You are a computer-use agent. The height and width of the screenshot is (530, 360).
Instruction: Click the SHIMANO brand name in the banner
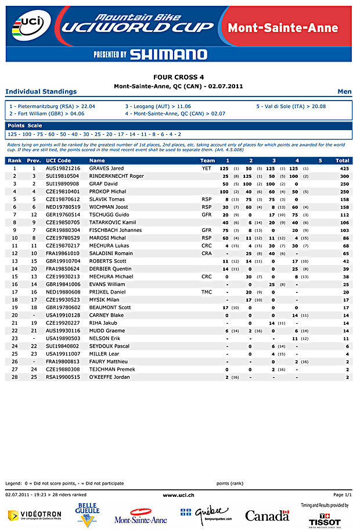pos(168,55)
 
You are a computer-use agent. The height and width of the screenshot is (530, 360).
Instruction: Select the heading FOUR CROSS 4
pos(178,77)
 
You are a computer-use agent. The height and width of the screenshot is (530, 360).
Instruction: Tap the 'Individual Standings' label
pos(41,92)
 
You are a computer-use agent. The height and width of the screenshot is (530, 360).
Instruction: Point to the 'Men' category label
pos(344,92)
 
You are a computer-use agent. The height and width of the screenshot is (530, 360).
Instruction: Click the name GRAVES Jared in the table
pos(106,168)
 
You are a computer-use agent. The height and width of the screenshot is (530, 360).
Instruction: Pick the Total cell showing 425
pos(344,168)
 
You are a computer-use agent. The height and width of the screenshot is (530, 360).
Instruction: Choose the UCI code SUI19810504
pos(62,176)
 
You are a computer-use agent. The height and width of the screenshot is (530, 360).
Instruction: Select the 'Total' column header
pos(342,160)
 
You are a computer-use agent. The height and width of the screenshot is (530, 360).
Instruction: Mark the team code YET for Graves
pos(207,168)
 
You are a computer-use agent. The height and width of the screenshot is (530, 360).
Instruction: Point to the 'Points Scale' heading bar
pos(24,126)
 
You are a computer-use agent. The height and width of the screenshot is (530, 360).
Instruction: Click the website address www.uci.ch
pos(178,494)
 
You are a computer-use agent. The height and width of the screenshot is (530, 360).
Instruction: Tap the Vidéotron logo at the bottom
pos(34,515)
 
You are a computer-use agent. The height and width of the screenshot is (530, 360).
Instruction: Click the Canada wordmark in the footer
pos(267,515)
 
